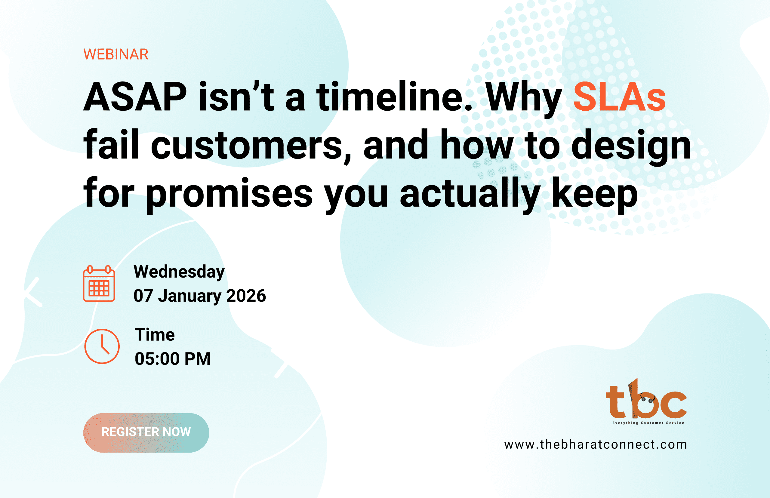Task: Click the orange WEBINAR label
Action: tap(116, 54)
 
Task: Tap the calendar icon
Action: tap(99, 283)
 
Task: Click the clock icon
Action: tap(102, 346)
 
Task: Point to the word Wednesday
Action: tap(179, 272)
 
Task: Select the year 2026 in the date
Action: tap(246, 296)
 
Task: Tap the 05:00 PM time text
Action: tap(173, 359)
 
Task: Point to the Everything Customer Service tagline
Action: tap(648, 423)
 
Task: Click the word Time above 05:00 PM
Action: tap(155, 334)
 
